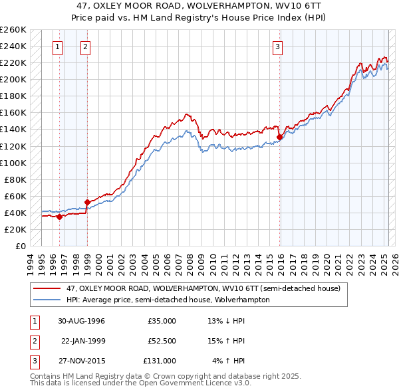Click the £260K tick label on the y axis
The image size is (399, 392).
(x=13, y=30)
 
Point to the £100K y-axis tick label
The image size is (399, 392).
(x=13, y=163)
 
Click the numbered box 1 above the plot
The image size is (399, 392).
(x=59, y=47)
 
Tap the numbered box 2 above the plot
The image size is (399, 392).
(x=86, y=47)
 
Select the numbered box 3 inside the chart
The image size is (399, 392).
(x=277, y=47)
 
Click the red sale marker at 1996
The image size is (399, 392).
(x=60, y=216)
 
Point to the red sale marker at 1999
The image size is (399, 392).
(x=87, y=201)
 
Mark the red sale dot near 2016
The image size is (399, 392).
(x=279, y=137)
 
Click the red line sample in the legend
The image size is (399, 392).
(x=47, y=288)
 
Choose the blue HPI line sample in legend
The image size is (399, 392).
(x=47, y=300)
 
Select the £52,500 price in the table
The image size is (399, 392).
(x=162, y=341)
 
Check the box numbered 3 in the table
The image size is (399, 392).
(x=33, y=361)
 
